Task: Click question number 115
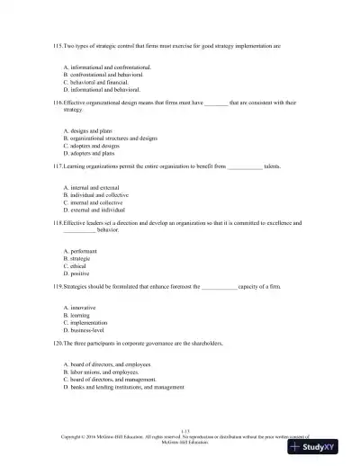[x=58, y=43]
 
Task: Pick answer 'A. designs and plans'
[x=88, y=130]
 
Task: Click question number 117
[x=58, y=166]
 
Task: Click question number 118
[x=58, y=222]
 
